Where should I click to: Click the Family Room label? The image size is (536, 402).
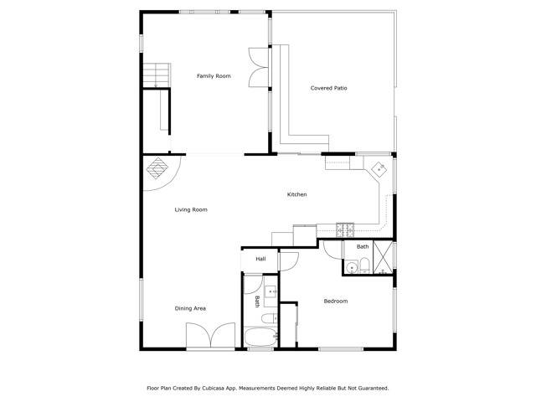(214, 76)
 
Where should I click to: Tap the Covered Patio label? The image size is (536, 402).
(328, 87)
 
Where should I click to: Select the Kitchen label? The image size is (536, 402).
(297, 194)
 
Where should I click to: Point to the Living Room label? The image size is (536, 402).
(191, 209)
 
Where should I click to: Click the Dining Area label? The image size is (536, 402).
(190, 308)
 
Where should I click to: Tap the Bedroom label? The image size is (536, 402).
(336, 301)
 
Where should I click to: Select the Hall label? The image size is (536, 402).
(260, 259)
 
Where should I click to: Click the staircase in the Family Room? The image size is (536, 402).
(155, 75)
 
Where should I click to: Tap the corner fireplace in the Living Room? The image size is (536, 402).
(157, 168)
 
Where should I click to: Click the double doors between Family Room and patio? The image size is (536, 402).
(257, 68)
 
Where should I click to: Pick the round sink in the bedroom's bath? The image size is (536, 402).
(353, 267)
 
